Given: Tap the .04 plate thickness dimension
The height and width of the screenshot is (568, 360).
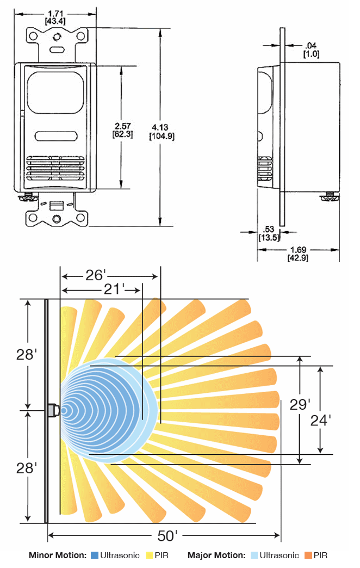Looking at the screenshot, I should pos(311,45).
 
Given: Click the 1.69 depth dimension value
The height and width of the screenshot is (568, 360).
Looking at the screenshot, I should pos(297,250).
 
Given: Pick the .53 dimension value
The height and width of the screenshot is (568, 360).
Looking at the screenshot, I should pos(268,229).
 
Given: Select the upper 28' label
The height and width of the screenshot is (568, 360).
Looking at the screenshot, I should pos(26,354).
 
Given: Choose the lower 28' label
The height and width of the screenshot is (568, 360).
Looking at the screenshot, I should pos(26,467).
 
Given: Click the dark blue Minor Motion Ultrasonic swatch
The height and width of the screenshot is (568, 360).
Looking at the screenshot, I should pos(95,555).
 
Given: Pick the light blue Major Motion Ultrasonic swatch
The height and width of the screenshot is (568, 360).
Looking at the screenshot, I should pos(254,555).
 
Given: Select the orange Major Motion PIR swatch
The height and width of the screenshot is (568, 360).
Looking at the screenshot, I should pos(308,555).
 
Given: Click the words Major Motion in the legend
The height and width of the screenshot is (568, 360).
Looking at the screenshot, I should pos(216,555).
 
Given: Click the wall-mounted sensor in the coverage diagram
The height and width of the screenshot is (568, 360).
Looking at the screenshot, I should pos(53,410).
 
